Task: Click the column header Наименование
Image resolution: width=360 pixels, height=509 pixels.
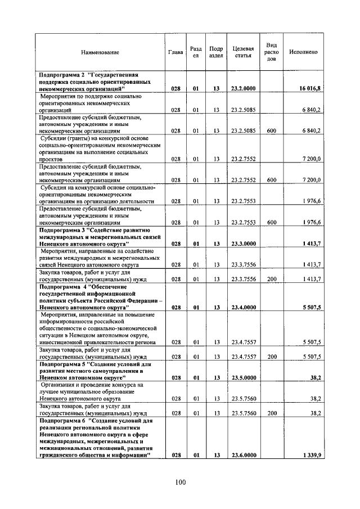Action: [100, 52]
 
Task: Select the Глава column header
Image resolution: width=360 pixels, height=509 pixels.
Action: [175, 52]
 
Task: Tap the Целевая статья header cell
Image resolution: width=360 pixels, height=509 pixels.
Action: [243, 52]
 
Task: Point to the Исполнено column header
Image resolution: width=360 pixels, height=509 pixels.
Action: [303, 52]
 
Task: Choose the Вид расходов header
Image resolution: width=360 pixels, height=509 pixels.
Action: [272, 52]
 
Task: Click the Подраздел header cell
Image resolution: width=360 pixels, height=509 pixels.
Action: [215, 52]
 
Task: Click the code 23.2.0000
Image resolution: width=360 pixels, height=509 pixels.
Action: [243, 89]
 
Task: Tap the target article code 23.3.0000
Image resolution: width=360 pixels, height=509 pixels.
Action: [243, 244]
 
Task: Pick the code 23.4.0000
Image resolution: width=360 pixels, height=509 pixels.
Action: [243, 308]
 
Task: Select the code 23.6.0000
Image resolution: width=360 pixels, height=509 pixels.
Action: [243, 455]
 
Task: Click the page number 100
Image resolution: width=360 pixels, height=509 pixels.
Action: [180, 482]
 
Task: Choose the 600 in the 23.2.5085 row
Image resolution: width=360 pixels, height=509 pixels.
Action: [272, 130]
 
